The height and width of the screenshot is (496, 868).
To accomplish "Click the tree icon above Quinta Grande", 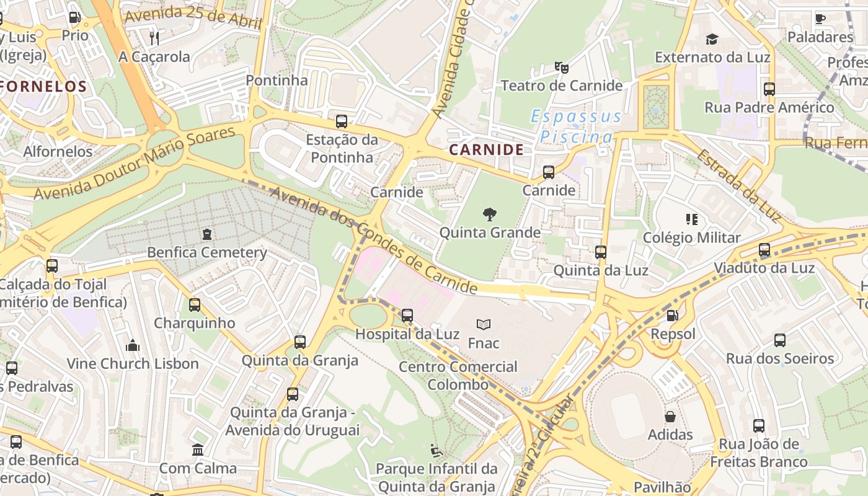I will (x=489, y=215).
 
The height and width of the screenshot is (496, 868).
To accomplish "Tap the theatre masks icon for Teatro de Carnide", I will (x=561, y=67).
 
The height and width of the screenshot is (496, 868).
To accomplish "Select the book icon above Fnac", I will (x=484, y=324).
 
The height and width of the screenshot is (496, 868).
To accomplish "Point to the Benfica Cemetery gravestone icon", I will (x=206, y=234).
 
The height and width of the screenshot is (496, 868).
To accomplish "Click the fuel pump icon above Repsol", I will (x=672, y=316).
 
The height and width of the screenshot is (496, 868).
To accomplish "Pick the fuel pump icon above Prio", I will (x=74, y=17).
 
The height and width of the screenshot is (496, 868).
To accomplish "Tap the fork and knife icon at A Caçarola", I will (x=154, y=38).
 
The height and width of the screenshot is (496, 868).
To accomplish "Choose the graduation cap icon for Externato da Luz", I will (x=712, y=40).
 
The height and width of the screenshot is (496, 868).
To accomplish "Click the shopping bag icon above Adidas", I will (x=670, y=417).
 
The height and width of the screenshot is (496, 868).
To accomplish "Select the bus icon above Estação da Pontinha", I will (x=341, y=122).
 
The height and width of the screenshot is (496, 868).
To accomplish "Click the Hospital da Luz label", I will (x=407, y=334).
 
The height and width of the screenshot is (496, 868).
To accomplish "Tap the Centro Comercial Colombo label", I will (x=458, y=375).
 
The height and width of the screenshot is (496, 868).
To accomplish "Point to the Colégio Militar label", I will (x=691, y=237).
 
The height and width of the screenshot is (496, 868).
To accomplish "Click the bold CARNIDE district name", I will (x=486, y=149).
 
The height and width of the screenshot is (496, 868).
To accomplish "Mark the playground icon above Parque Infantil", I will (x=436, y=450).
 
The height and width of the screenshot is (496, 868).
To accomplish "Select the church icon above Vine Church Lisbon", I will (x=132, y=345).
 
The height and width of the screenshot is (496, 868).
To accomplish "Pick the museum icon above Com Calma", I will (x=198, y=449).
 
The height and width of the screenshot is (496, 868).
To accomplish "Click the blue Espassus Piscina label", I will (x=576, y=126).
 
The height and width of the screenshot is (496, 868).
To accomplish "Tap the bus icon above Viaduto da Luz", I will (x=764, y=250).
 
